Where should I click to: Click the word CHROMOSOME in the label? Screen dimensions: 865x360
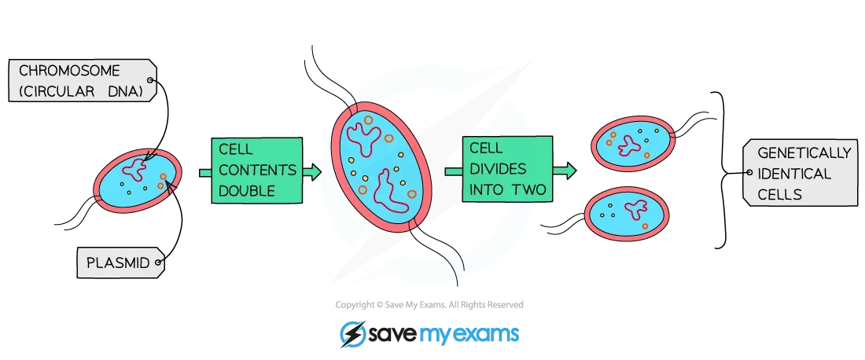[69, 71]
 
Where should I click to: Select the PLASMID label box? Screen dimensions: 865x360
[120, 263]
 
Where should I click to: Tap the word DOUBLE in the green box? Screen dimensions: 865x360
[247, 191]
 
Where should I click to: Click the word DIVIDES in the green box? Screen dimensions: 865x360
[497, 169]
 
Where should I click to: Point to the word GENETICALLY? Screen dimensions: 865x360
[804, 153]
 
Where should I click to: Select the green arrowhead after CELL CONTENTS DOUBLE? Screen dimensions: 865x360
[312, 172]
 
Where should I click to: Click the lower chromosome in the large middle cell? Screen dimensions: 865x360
[389, 193]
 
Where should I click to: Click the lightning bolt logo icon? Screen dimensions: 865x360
[352, 333]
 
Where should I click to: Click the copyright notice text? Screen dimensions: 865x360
[429, 304]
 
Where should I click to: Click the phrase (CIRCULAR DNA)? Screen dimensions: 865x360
[80, 92]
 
